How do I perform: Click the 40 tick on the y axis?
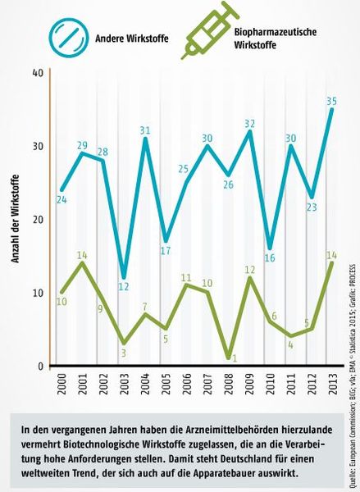click(38, 73)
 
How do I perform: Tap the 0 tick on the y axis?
click(40, 367)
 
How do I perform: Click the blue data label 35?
click(330, 102)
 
